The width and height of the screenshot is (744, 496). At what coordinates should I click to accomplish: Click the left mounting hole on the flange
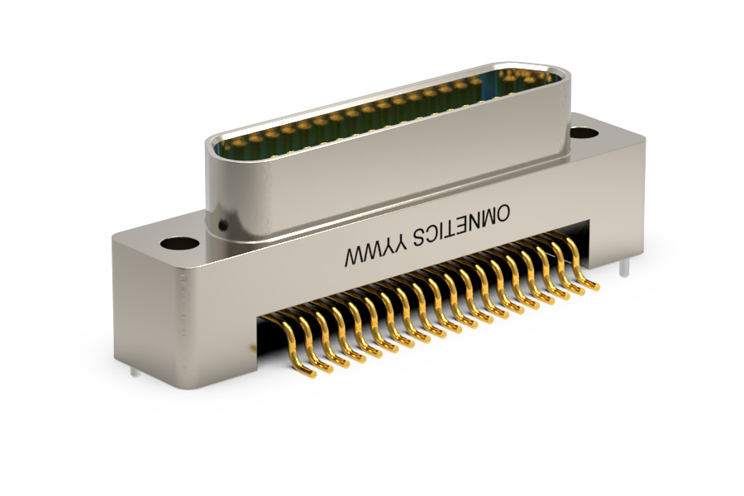pyautogui.click(x=179, y=244)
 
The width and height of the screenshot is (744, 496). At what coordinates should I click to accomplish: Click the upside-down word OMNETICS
pyautogui.click(x=461, y=226)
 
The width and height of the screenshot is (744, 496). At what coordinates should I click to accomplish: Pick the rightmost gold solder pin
pyautogui.click(x=582, y=267)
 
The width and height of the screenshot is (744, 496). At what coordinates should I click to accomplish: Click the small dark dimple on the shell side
pyautogui.click(x=222, y=224)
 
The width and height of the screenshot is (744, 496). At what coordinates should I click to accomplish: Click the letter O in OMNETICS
pyautogui.click(x=502, y=213)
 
